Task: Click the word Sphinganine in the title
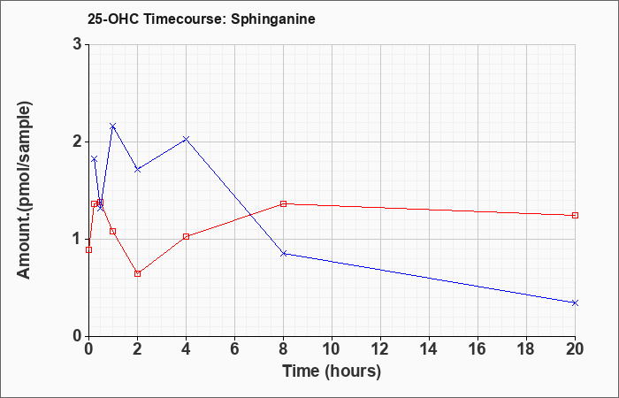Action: (x=272, y=19)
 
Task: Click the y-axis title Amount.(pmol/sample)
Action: (x=24, y=190)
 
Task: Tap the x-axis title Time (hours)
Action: (x=332, y=371)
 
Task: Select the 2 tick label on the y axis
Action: (x=77, y=142)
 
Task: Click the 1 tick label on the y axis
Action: (x=77, y=239)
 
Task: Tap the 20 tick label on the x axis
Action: (x=575, y=349)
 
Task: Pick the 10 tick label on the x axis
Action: (x=332, y=349)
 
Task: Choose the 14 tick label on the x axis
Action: (x=429, y=349)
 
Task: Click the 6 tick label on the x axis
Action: (x=234, y=349)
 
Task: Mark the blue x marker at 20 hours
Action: (x=575, y=302)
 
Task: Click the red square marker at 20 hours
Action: (x=575, y=215)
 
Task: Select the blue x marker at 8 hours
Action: (x=284, y=254)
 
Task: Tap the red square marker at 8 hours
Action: (x=284, y=203)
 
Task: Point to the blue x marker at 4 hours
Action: (x=187, y=139)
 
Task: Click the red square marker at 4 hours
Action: (x=187, y=236)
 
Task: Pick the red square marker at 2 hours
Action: (x=137, y=273)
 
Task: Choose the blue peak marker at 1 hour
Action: (x=113, y=126)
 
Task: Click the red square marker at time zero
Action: (x=88, y=249)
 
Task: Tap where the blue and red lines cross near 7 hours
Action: (x=250, y=215)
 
